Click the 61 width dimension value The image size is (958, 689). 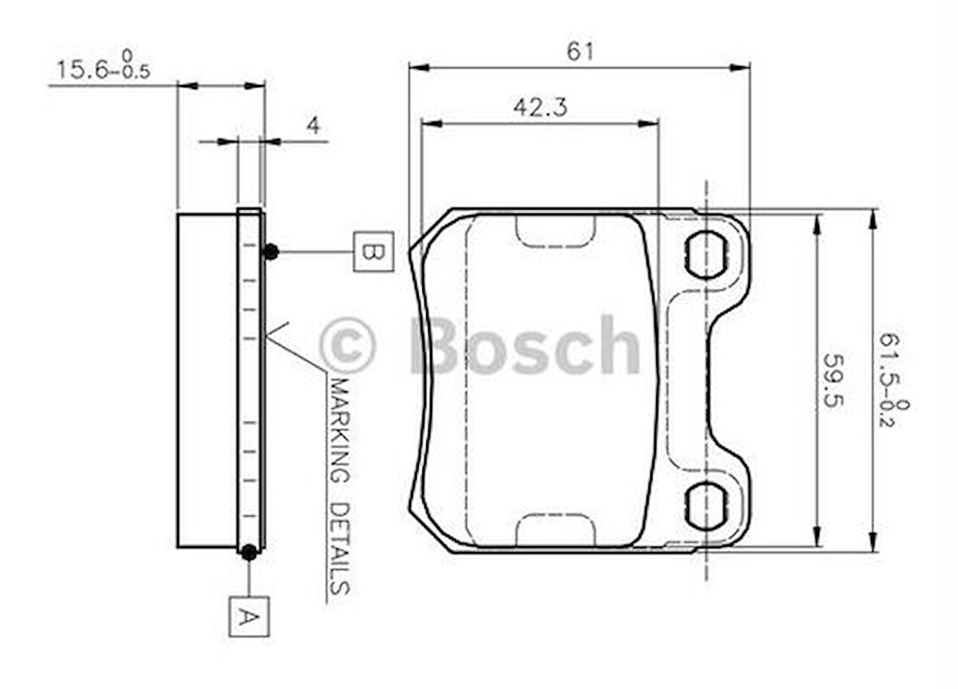coord(580,51)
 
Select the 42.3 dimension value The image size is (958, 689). coord(540,107)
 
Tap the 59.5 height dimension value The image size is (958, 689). coord(832,380)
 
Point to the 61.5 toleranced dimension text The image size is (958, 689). coord(894,379)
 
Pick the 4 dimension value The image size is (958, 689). coord(313,126)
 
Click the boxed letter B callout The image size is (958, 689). coord(373,252)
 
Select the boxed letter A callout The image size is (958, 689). coord(248,616)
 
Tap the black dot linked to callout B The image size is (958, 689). coord(270,251)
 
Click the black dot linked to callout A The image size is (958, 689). coord(248,552)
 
